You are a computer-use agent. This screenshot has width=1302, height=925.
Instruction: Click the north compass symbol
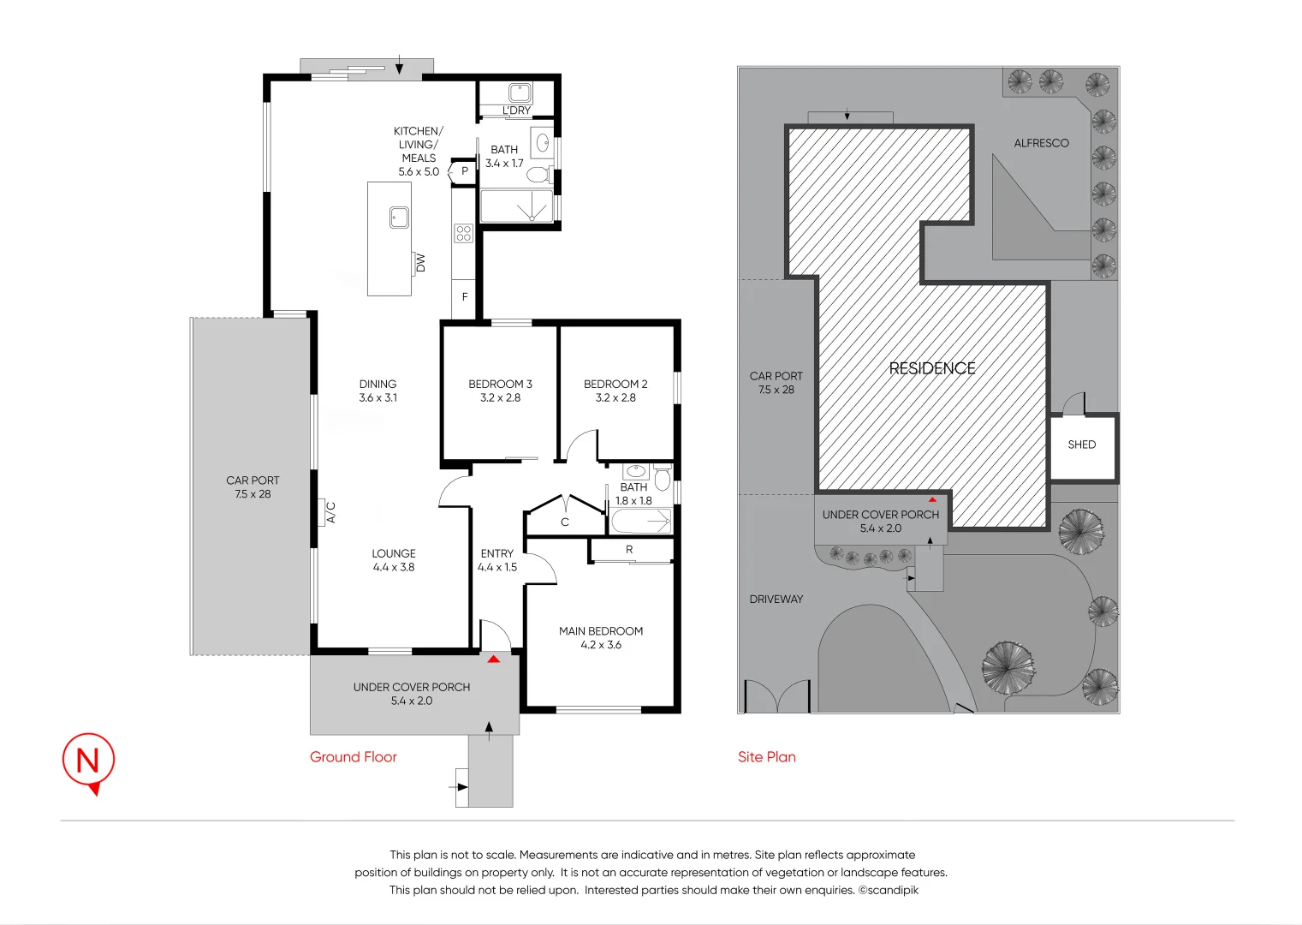pos(88,761)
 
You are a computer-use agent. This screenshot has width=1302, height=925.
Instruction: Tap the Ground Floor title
pos(353,757)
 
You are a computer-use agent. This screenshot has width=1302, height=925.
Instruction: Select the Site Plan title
pos(766,757)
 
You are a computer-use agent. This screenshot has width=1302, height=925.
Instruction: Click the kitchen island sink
pos(399,218)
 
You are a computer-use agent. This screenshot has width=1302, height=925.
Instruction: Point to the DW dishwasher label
pos(420,263)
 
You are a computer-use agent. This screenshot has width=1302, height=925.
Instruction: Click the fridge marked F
pos(465,297)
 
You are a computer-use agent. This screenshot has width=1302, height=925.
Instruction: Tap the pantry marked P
pos(465,171)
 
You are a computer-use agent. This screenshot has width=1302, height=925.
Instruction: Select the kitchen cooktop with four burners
pos(464,233)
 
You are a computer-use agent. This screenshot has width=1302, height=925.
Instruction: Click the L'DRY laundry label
pos(516,110)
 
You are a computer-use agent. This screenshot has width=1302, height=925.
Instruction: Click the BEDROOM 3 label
pos(500,385)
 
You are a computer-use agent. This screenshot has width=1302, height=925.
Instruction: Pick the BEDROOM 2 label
pos(615,385)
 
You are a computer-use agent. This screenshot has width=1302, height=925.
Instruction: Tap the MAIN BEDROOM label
pos(601,631)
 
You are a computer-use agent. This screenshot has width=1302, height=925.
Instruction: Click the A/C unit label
pos(330,512)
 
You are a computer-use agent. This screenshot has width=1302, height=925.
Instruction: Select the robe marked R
pos(629,550)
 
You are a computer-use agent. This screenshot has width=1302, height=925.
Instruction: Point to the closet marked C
pos(565,522)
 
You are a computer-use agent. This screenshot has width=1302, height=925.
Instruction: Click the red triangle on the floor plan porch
pos(493,659)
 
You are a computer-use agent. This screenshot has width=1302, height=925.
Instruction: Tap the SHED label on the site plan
pos(1082,445)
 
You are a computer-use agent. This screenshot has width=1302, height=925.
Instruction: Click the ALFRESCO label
pos(1041,143)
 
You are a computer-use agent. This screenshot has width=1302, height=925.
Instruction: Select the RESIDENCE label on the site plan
pos(932,368)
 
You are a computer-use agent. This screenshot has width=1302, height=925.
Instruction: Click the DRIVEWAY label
pos(776,600)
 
